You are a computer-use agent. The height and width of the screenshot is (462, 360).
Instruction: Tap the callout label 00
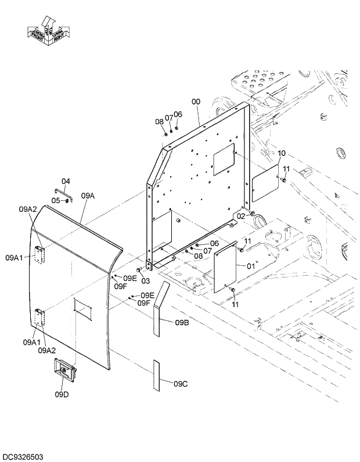pos(196,101)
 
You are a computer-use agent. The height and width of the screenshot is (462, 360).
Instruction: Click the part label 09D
pos(62,395)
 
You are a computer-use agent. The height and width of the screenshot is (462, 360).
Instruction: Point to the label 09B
pos(181,323)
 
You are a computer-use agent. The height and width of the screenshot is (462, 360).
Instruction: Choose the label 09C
pos(181,382)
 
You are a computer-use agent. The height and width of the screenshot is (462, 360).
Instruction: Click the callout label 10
pos(282,153)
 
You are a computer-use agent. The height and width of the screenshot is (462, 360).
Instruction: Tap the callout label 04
pos(66,181)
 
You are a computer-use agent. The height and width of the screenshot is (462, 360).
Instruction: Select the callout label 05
pos(55,200)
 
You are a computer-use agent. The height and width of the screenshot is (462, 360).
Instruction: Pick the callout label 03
pos(146,280)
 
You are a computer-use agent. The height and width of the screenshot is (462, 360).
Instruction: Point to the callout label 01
pos(250,266)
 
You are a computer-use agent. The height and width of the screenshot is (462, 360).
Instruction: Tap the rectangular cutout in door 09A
pos(84,309)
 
